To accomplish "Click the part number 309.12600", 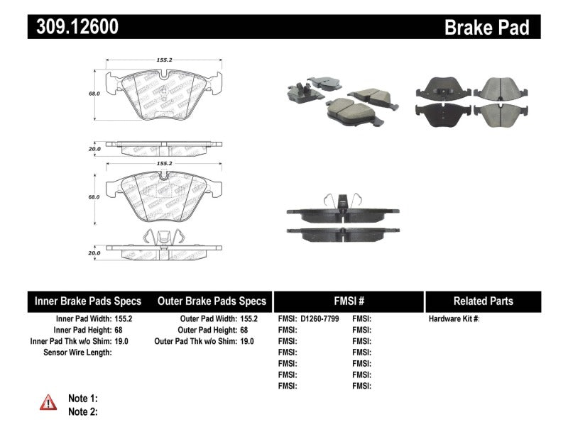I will coord(72,28).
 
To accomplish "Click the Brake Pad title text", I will coord(486,28).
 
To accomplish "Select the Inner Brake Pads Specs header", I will coord(88,301).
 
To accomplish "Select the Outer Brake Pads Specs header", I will coord(212,301).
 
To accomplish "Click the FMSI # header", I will coord(348,301).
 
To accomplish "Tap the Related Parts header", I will coord(484,301).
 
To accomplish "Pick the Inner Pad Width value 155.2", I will coord(124,319).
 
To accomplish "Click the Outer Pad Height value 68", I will coord(246,330).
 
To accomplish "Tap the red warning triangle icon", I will coord(48,403).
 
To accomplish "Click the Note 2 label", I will coord(82,411).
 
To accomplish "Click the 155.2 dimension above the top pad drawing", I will coord(164,61).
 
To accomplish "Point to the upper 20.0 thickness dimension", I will coord(94,150).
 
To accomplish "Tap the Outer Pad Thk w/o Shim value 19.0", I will coord(247,341).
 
